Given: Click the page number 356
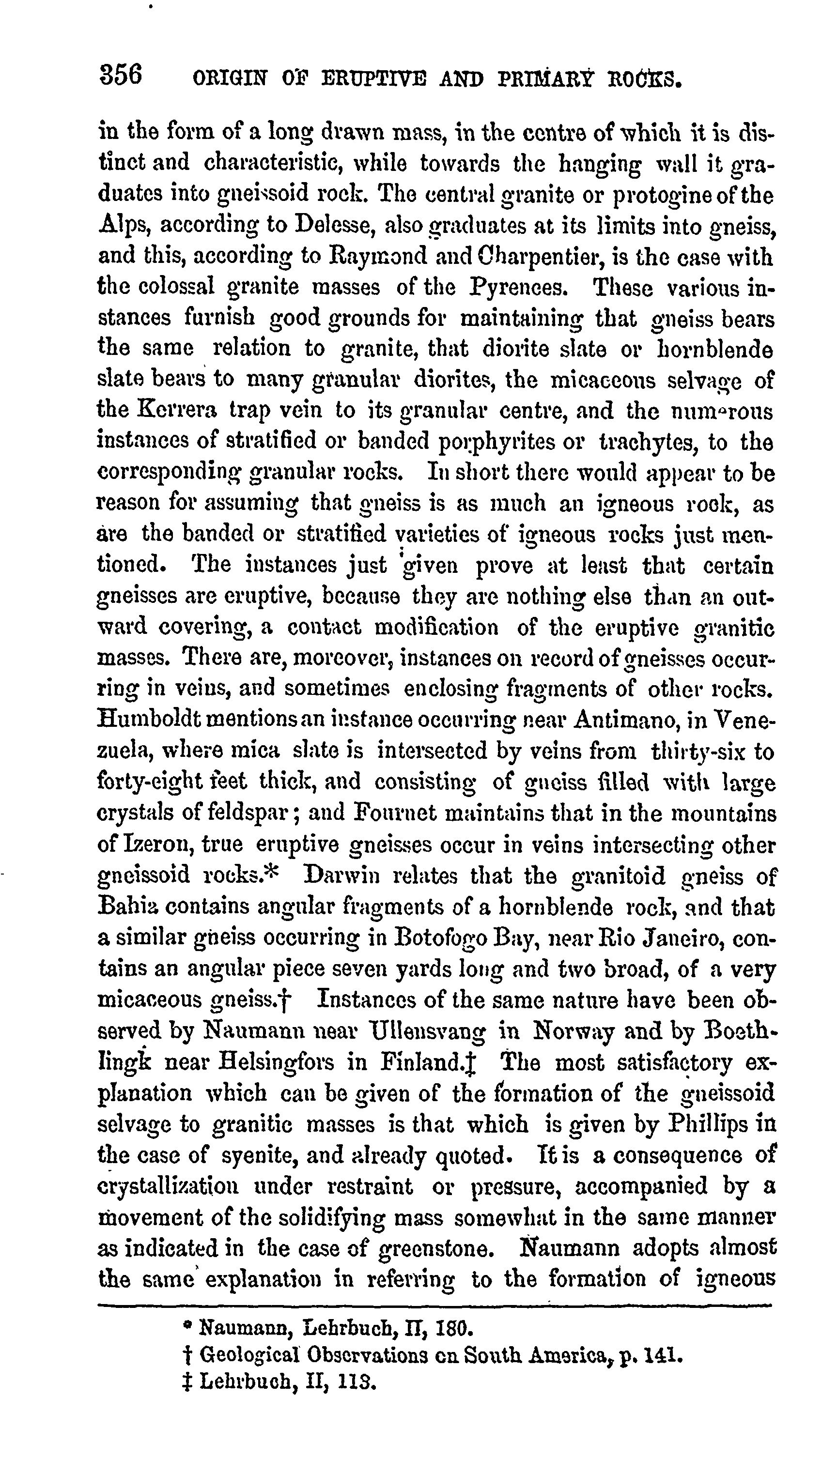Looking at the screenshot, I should (x=121, y=75).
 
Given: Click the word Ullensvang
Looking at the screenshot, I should (x=429, y=1031).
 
